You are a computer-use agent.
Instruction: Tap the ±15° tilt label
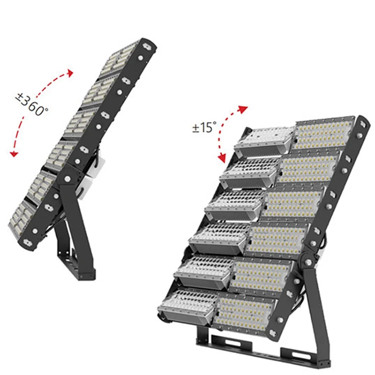[204, 127]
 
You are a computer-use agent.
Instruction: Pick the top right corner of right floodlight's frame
[355, 120]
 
